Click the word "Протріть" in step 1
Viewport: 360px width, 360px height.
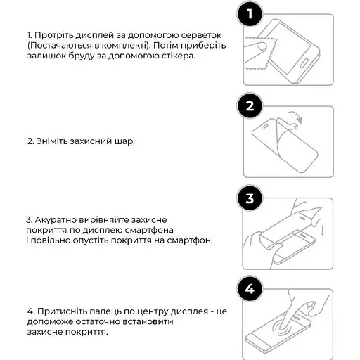(53, 34)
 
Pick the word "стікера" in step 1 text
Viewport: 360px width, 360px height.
(178, 56)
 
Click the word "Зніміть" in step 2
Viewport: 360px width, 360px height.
(51, 141)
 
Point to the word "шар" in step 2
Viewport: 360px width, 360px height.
(125, 141)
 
